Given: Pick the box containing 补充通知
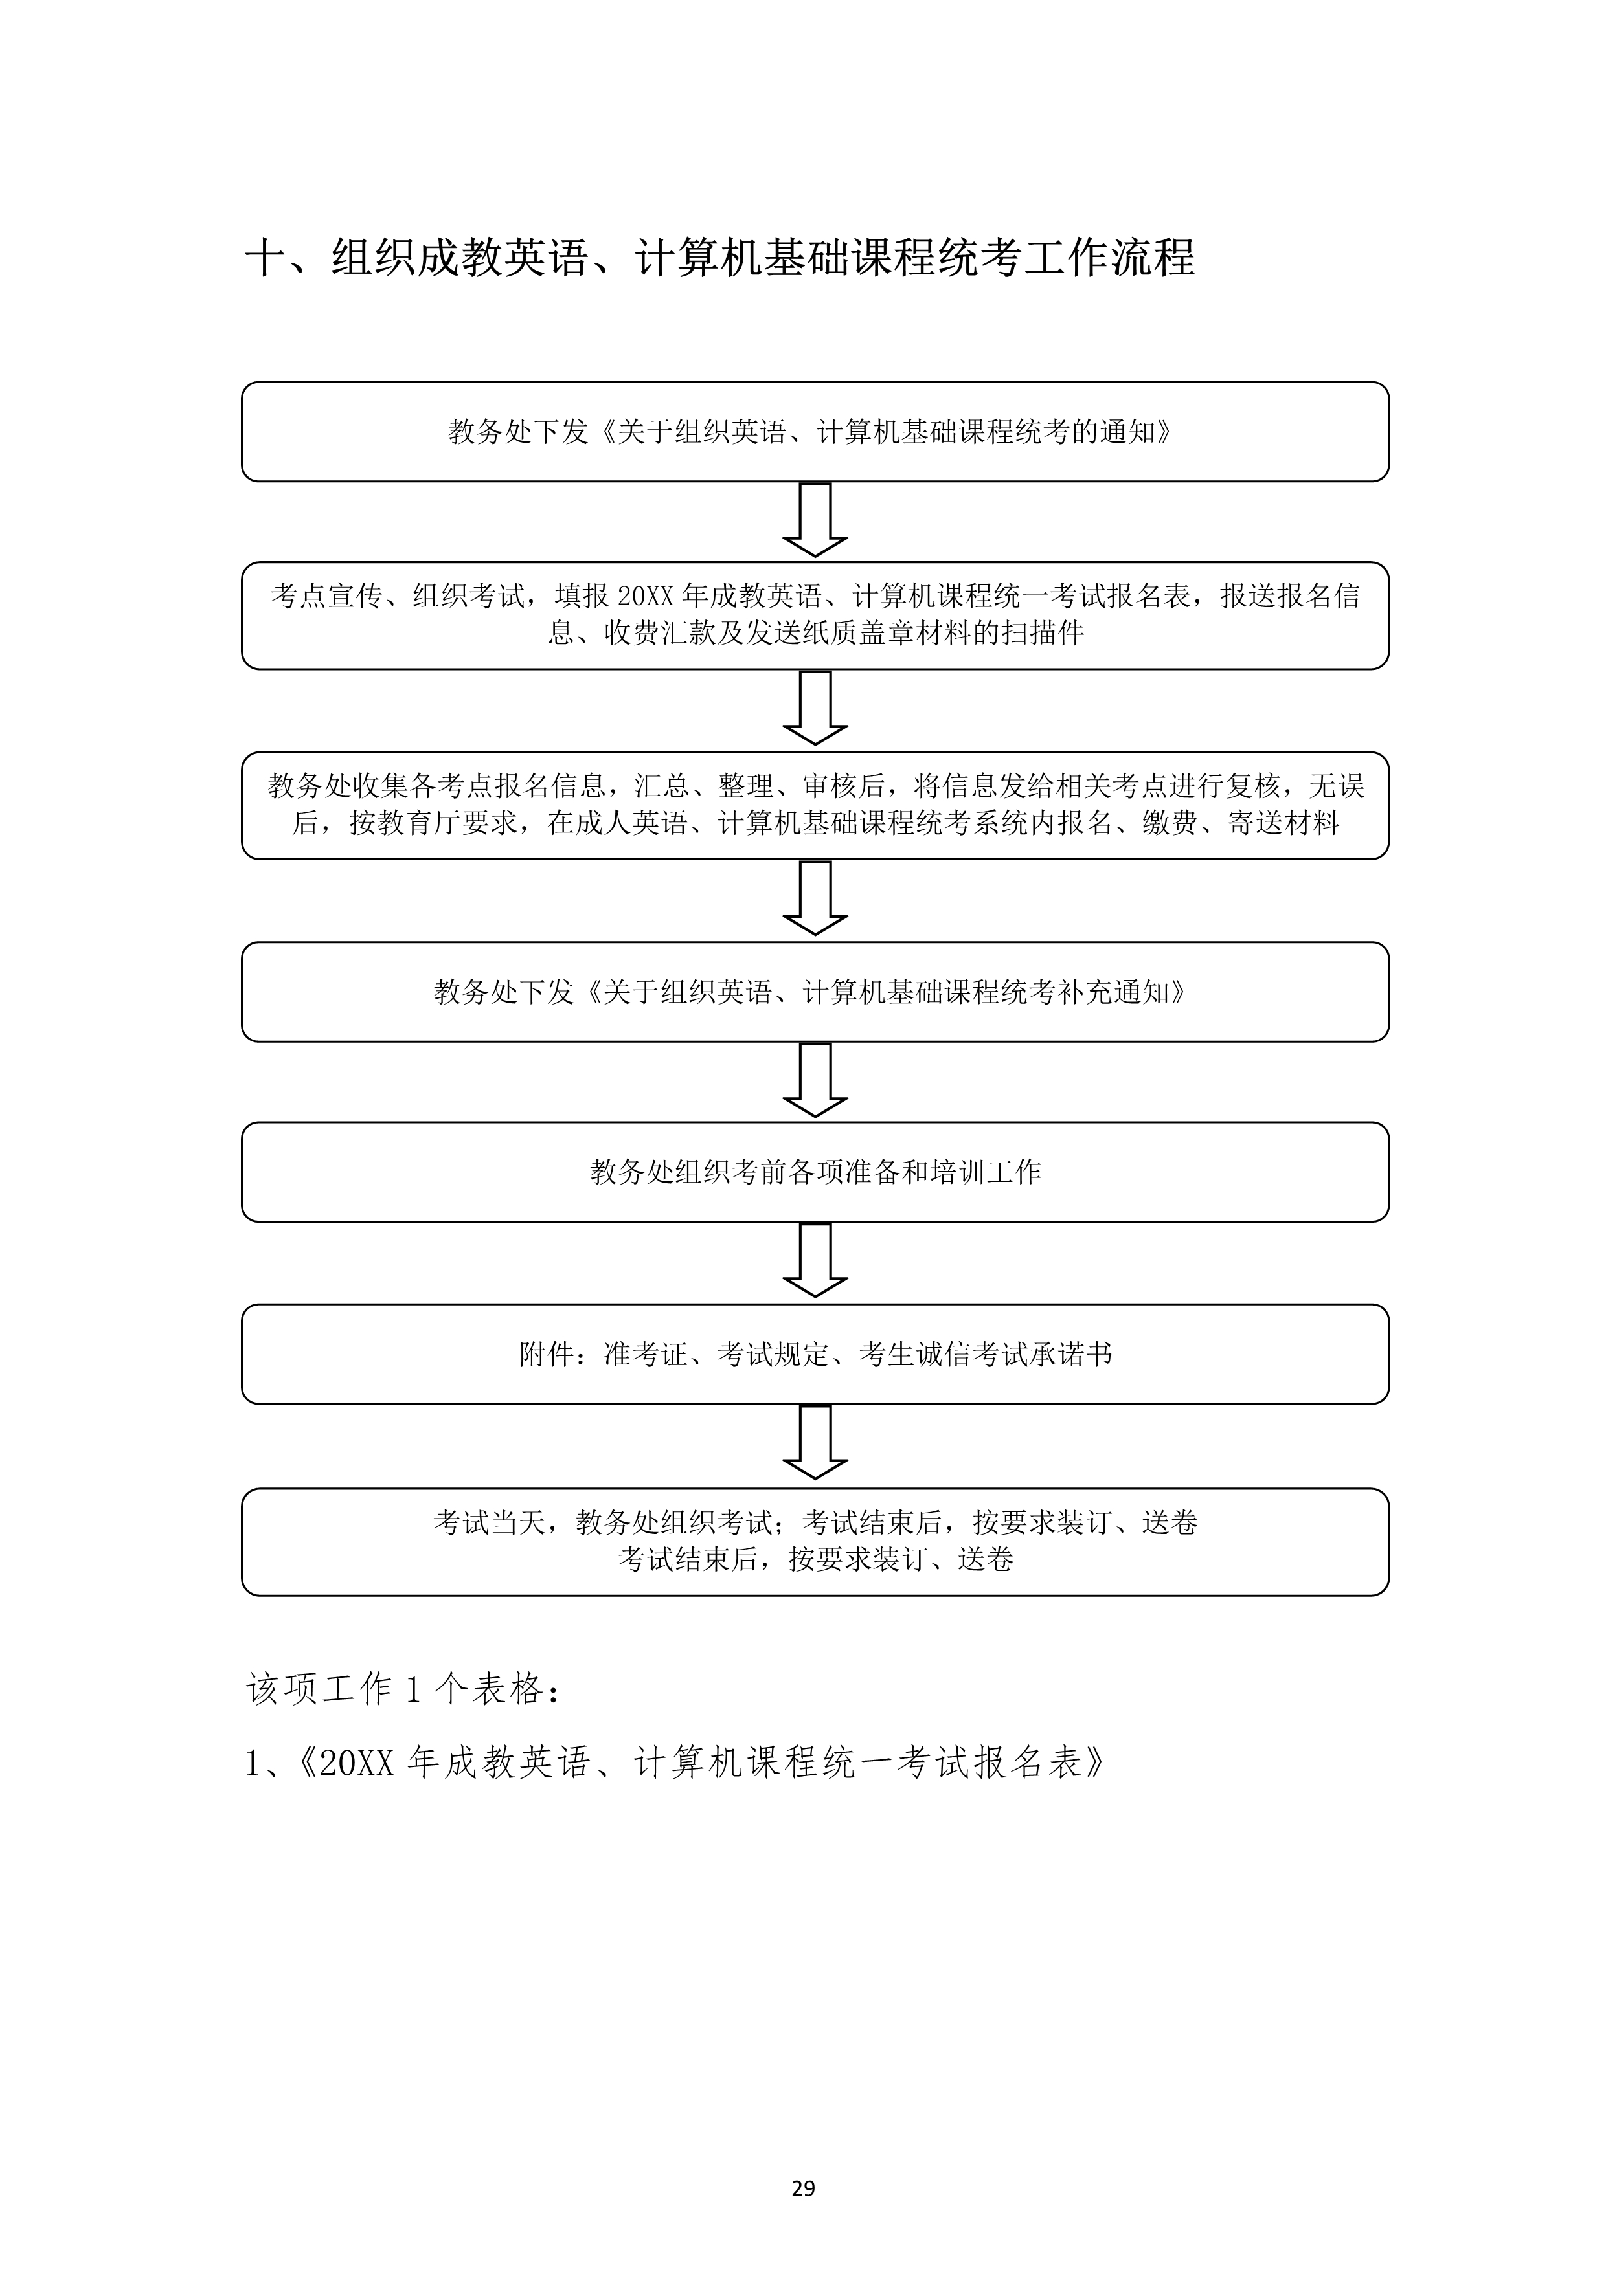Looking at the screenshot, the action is click(815, 992).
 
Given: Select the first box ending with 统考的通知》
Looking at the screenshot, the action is click(815, 432).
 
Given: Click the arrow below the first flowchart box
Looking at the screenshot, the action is click(815, 520).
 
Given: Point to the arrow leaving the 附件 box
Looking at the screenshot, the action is click(815, 1443).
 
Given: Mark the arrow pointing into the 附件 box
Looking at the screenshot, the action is click(815, 1260).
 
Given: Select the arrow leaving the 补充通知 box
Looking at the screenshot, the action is click(815, 1080).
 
